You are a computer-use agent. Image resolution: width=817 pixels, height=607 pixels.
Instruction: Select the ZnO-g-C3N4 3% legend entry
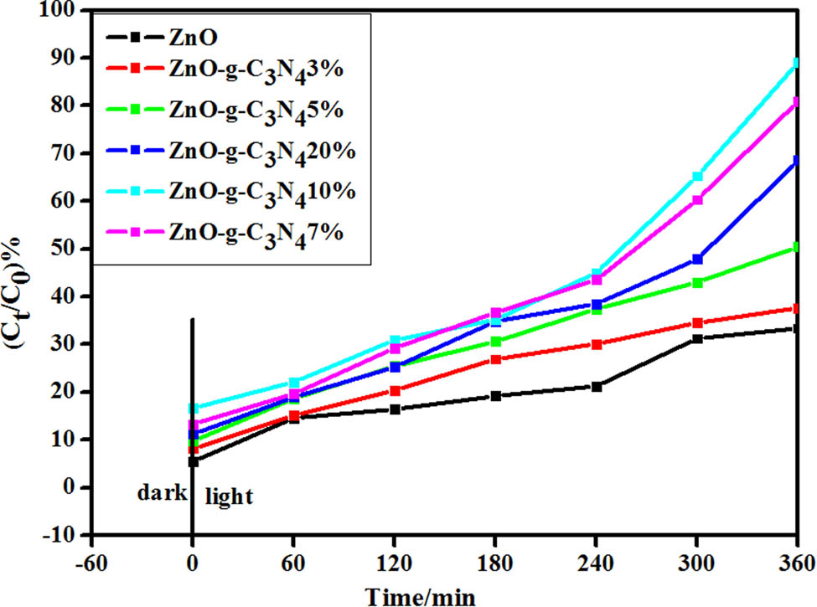[x=252, y=75]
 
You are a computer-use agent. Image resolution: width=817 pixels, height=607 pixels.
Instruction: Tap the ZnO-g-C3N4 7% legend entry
[x=251, y=229]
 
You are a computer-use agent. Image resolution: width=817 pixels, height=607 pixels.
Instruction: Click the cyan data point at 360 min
[x=795, y=63]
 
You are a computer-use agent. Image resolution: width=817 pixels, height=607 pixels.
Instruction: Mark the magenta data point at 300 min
[x=696, y=200]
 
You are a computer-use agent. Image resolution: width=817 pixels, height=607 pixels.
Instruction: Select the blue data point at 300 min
[x=696, y=260]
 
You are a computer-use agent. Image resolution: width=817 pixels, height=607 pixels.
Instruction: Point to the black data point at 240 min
[x=596, y=387]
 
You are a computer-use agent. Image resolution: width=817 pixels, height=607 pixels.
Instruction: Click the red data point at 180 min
[x=495, y=359]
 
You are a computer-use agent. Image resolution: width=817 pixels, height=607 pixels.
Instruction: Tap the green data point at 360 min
[x=795, y=247]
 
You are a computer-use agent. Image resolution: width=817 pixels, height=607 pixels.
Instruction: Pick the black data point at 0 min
[x=193, y=461]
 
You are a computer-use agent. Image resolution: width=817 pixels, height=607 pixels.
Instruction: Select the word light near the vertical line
[x=227, y=496]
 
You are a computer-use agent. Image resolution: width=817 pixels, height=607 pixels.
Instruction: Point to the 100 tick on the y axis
[x=69, y=11]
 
